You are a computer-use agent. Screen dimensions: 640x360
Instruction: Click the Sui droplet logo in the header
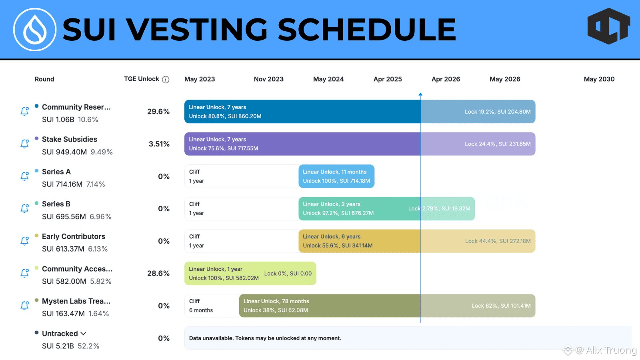tap(34, 30)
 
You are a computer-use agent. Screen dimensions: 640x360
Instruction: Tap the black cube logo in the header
tap(608, 26)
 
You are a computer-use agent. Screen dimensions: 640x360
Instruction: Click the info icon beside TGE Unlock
tap(166, 80)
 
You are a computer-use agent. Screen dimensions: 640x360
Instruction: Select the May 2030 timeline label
tap(599, 79)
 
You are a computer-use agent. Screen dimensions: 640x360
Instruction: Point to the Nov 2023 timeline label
tap(268, 79)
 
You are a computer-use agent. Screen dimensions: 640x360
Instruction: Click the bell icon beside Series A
tap(24, 176)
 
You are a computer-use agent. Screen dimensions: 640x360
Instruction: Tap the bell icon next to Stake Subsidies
tap(24, 144)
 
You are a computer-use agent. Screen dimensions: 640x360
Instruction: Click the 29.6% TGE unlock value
tap(158, 112)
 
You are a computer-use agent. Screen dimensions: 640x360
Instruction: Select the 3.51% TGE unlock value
tap(159, 144)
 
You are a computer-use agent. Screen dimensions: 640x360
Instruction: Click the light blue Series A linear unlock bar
tap(336, 176)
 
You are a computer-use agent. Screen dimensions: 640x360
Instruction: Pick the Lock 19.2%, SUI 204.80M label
tap(498, 112)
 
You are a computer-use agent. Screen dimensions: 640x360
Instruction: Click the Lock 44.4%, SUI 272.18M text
tap(498, 241)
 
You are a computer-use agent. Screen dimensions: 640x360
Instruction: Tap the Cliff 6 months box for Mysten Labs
tap(212, 306)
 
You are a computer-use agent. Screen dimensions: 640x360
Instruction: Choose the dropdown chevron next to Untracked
tap(83, 334)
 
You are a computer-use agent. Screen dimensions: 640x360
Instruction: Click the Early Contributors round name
tap(74, 236)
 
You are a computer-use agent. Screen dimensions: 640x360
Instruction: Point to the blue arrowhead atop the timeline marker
tap(420, 94)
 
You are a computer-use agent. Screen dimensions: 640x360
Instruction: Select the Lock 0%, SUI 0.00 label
tap(288, 274)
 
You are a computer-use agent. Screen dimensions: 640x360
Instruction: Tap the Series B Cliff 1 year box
tap(242, 208)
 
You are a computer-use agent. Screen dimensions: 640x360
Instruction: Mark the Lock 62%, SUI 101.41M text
tap(501, 306)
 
